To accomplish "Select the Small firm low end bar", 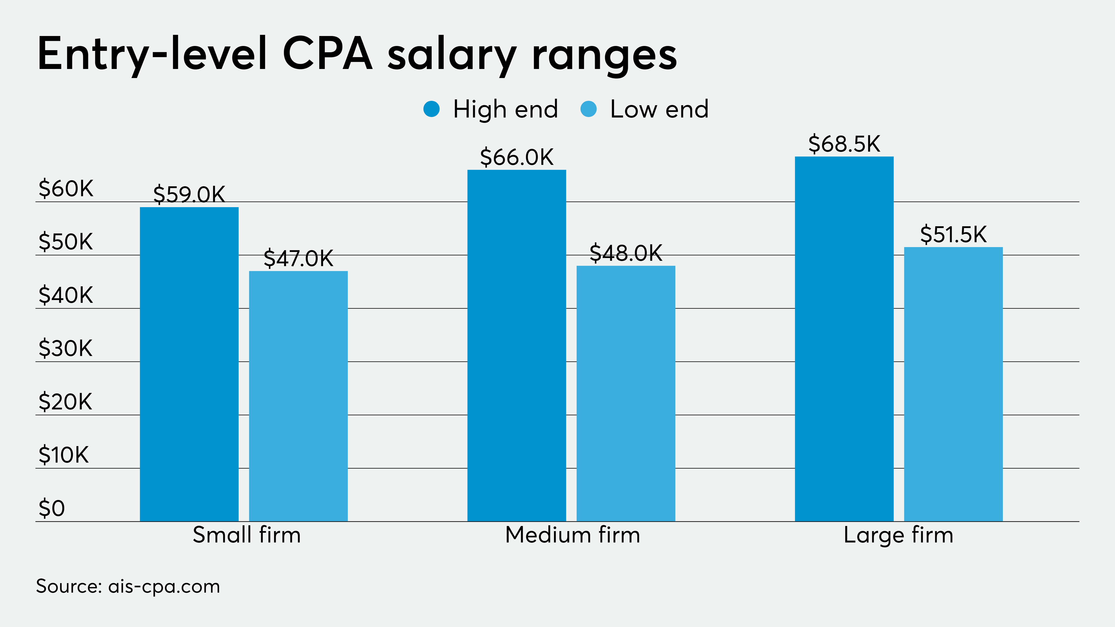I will pos(298,396).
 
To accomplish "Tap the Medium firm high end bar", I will pos(516,345).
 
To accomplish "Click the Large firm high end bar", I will pos(844,339).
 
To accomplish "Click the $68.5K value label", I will pos(844,144).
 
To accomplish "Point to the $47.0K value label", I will pos(298,258).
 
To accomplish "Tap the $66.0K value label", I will pos(516,157).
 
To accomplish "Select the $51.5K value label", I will pos(953,235).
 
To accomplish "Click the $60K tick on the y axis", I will pos(66,189).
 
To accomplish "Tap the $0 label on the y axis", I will pos(52,508).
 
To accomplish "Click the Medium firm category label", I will pos(572,535).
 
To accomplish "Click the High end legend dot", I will pos(432,109).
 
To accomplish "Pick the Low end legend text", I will pos(659,109).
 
